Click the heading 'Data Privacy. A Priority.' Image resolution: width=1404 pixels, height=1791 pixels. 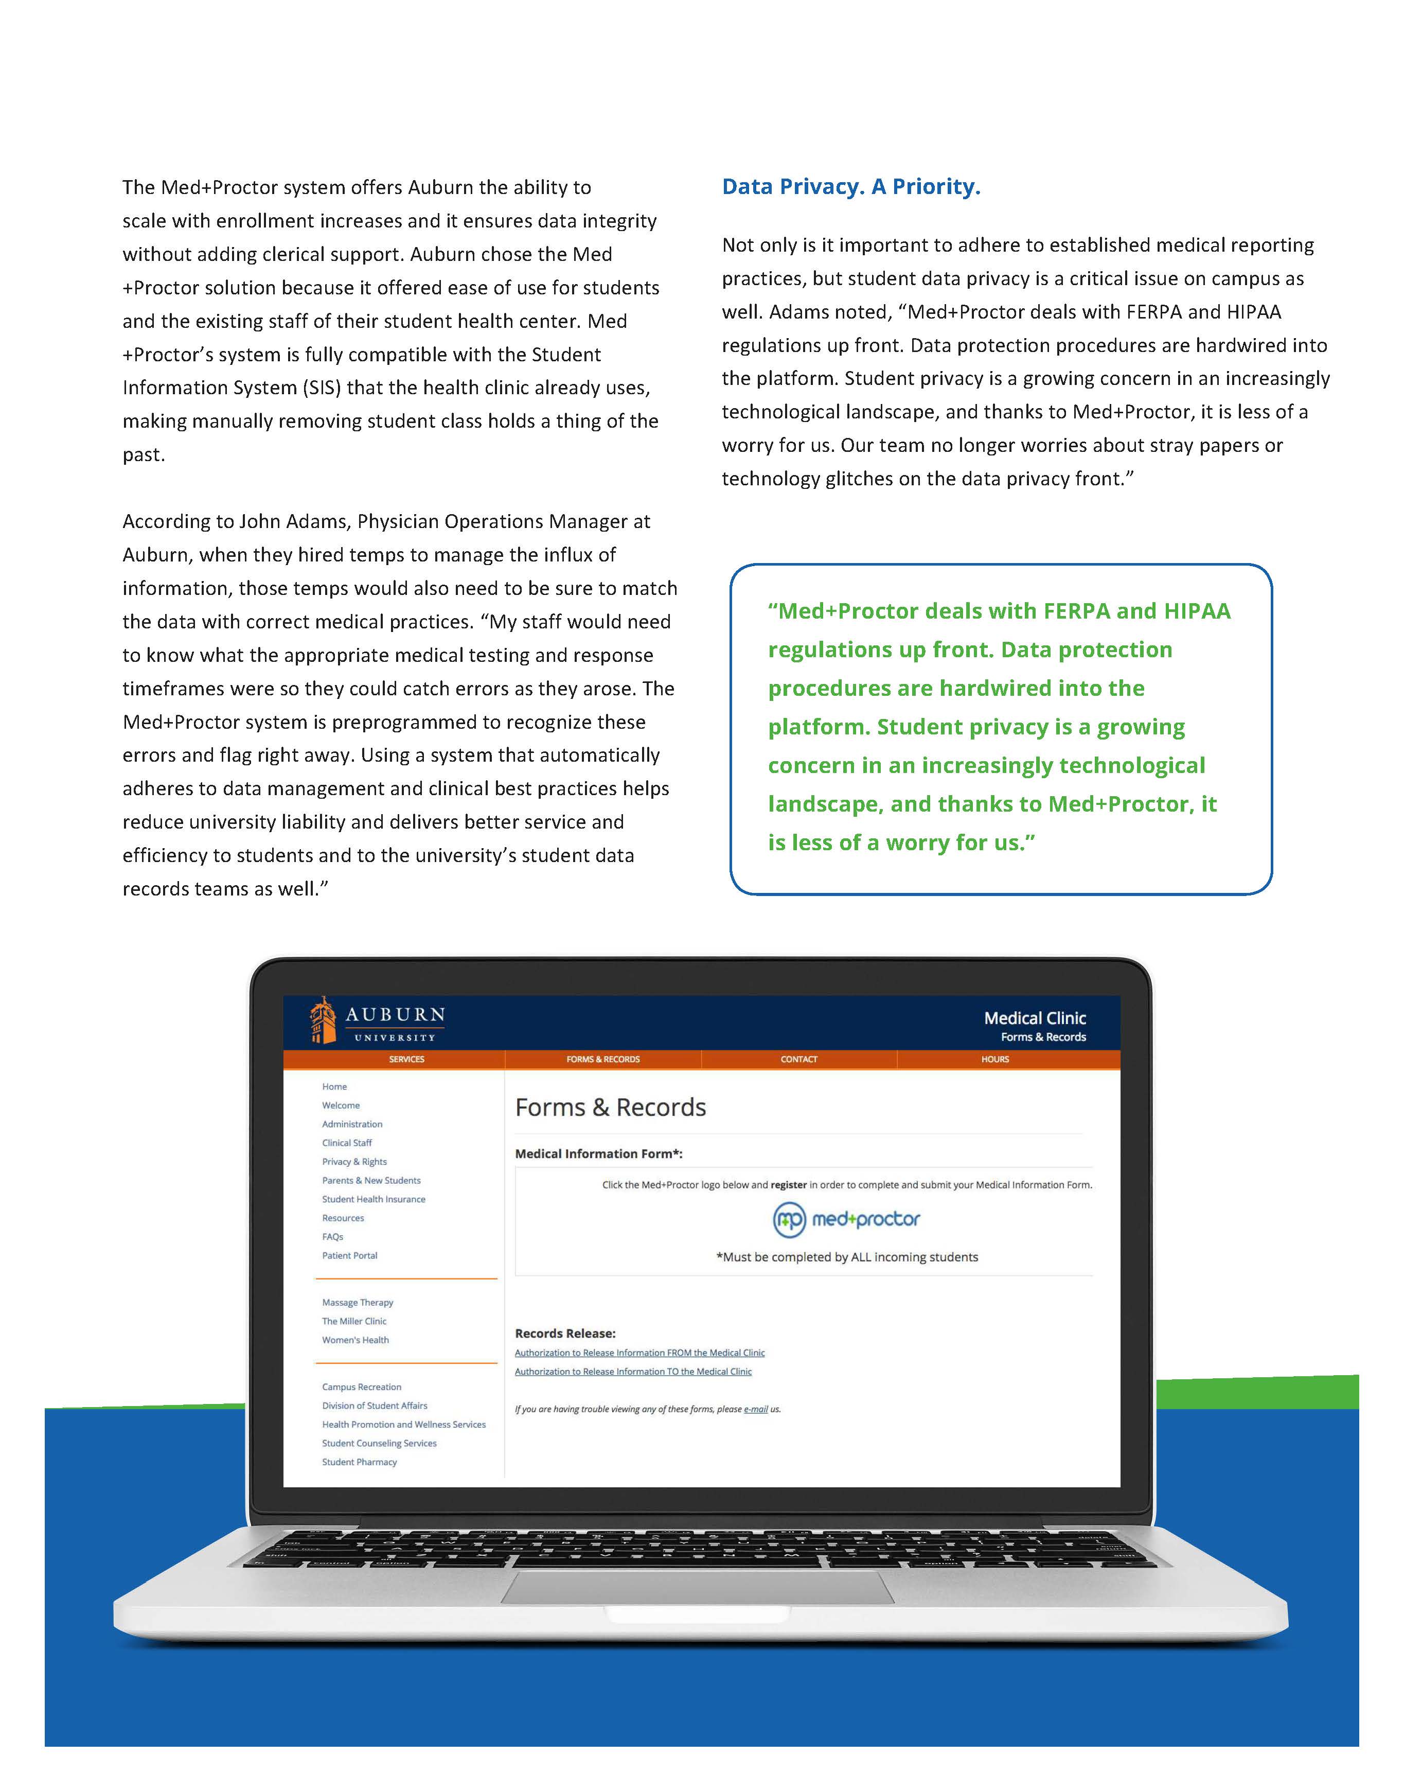coord(851,187)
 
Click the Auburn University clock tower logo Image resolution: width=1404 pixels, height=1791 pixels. coord(323,1021)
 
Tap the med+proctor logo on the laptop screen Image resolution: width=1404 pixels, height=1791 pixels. coord(847,1220)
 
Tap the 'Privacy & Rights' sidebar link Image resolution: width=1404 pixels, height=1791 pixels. coord(354,1162)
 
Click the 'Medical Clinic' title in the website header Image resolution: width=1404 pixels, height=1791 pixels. coord(1035,1018)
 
